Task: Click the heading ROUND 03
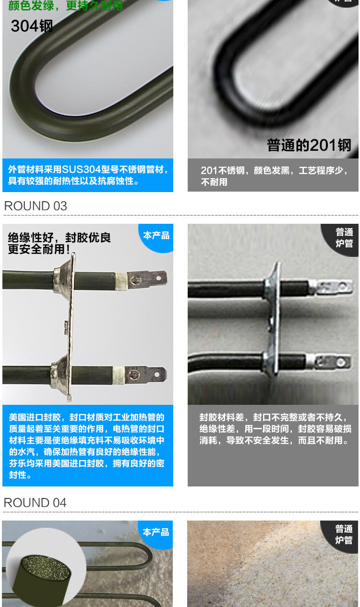[x=36, y=206]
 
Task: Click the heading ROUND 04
[x=35, y=503]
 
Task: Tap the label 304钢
[x=32, y=26]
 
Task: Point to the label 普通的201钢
[x=309, y=145]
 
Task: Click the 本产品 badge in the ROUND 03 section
[x=156, y=235]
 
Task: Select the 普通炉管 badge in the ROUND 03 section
[x=344, y=238]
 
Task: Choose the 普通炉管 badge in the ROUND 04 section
[x=344, y=534]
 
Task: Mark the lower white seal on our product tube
[x=119, y=375]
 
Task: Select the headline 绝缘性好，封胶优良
[x=59, y=238]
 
